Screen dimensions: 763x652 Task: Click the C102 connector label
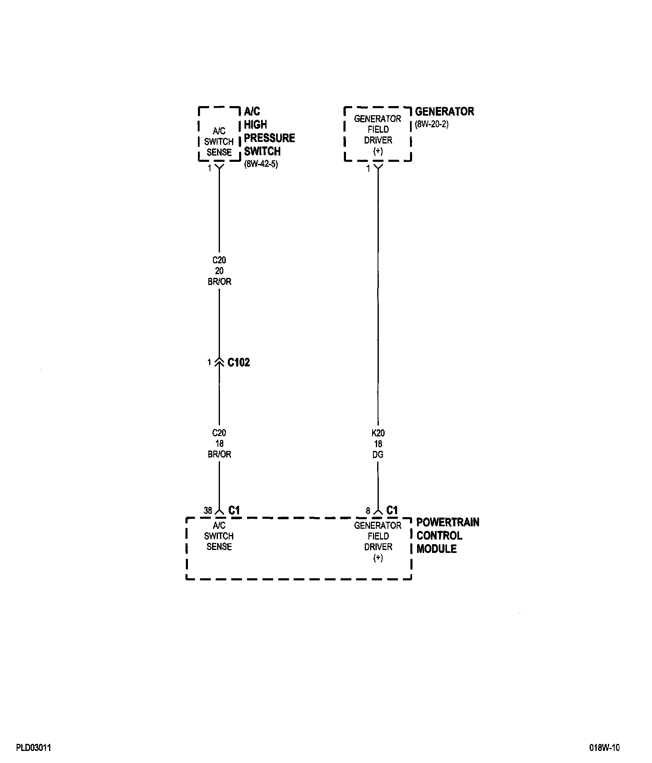pyautogui.click(x=239, y=362)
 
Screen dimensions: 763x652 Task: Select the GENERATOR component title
pyautogui.click(x=445, y=111)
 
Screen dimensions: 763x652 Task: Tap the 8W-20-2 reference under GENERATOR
pyautogui.click(x=432, y=124)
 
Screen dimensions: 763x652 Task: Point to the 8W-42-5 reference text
pyautogui.click(x=261, y=164)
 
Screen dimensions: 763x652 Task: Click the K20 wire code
pyautogui.click(x=378, y=433)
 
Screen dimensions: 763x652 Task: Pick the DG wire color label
pyautogui.click(x=378, y=455)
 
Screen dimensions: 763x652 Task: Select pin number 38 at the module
pyautogui.click(x=207, y=510)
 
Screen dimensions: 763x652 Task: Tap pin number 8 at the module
pyautogui.click(x=368, y=510)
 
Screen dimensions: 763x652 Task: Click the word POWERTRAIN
pyautogui.click(x=448, y=523)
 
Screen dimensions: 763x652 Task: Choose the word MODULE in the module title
pyautogui.click(x=437, y=549)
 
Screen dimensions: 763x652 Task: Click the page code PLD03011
pyautogui.click(x=34, y=748)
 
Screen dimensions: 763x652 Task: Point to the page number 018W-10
pyautogui.click(x=604, y=748)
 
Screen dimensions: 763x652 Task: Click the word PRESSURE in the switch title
pyautogui.click(x=269, y=138)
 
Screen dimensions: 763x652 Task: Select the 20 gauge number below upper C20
pyautogui.click(x=219, y=271)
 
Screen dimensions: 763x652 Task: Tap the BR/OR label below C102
pyautogui.click(x=219, y=454)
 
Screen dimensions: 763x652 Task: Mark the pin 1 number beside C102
pyautogui.click(x=210, y=362)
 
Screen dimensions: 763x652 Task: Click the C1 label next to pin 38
pyautogui.click(x=234, y=510)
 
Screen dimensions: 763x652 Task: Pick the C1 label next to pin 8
pyautogui.click(x=392, y=510)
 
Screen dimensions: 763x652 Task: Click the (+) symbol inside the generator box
pyautogui.click(x=378, y=151)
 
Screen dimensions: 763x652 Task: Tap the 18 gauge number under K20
pyautogui.click(x=378, y=444)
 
